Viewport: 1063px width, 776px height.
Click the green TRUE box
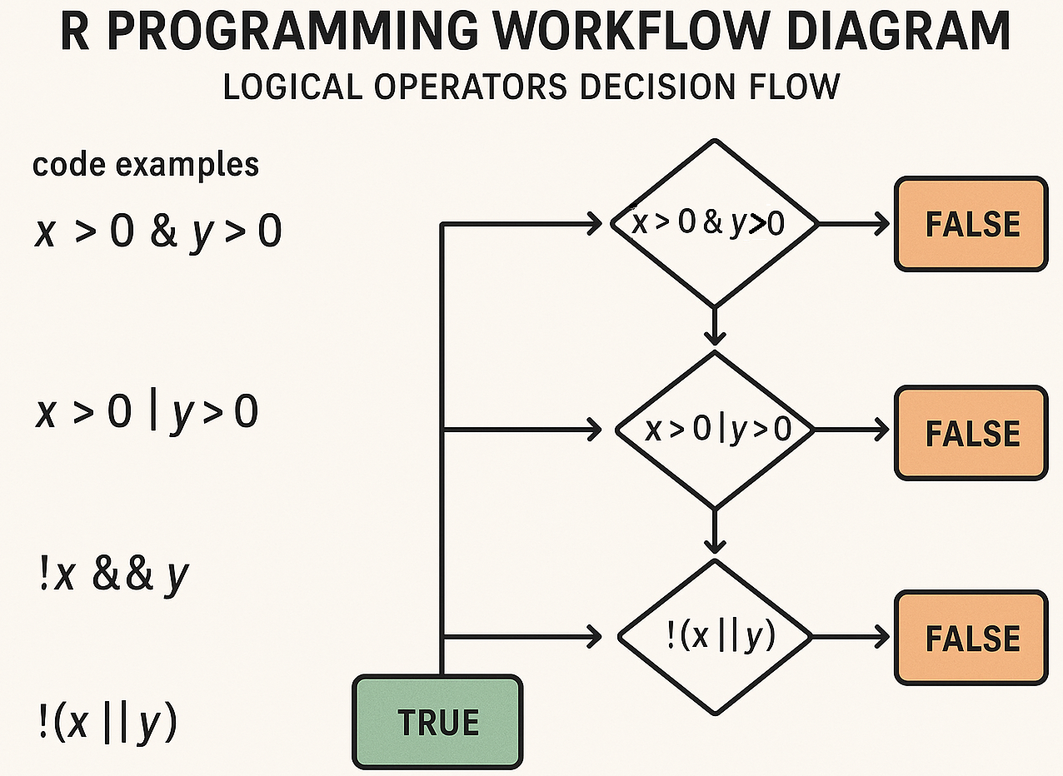pyautogui.click(x=438, y=722)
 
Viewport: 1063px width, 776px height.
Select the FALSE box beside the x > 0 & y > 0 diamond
pyautogui.click(x=971, y=224)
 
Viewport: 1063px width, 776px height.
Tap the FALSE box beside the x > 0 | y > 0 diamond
pyautogui.click(x=971, y=433)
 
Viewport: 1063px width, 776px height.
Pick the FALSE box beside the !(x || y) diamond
pyautogui.click(x=971, y=638)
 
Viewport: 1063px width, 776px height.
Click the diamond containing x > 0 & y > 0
pyautogui.click(x=714, y=223)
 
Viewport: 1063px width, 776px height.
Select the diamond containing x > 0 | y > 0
pyautogui.click(x=714, y=430)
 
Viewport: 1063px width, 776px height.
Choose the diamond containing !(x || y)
pyautogui.click(x=714, y=637)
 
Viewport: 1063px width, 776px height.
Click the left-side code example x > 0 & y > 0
pyautogui.click(x=157, y=231)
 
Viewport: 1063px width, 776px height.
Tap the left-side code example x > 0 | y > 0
pyautogui.click(x=146, y=412)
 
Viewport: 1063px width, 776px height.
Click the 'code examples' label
pyautogui.click(x=145, y=165)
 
